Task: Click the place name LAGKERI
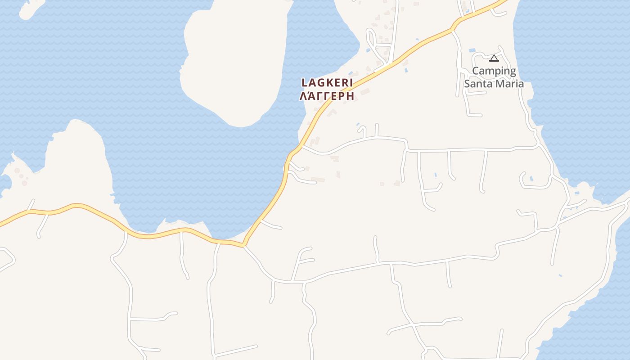pos(327,83)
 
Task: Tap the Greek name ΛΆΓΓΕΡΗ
pos(327,96)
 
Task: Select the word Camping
pos(494,71)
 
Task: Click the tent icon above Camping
pos(494,58)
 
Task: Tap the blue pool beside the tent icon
pos(472,50)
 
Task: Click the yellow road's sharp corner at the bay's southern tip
pos(243,245)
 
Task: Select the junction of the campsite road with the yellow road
pos(452,30)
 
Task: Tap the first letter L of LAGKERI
pos(304,83)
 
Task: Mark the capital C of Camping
pos(476,71)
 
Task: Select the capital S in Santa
pos(467,84)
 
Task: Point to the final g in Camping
pos(512,72)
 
